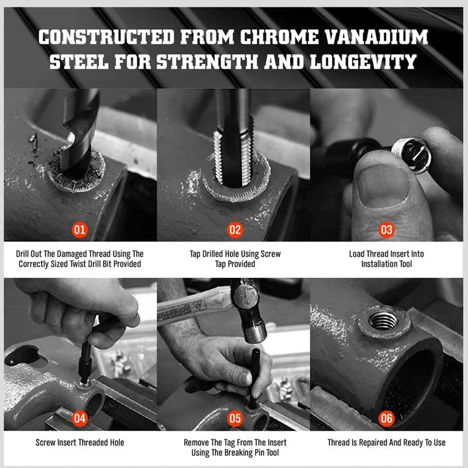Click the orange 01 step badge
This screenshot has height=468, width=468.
(80, 230)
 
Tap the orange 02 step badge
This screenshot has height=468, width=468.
(235, 230)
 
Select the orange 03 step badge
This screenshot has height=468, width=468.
(387, 230)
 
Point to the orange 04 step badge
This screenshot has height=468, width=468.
(80, 418)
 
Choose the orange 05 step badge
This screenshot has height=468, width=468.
(235, 418)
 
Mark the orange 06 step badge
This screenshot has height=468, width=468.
(387, 418)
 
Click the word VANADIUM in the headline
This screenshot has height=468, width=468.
(376, 37)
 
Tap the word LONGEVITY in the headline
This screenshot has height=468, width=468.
(363, 62)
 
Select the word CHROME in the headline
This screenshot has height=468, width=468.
(280, 37)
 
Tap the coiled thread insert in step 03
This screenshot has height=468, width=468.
(411, 154)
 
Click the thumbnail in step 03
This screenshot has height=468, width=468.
(383, 185)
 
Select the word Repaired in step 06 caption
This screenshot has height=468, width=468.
(377, 442)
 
